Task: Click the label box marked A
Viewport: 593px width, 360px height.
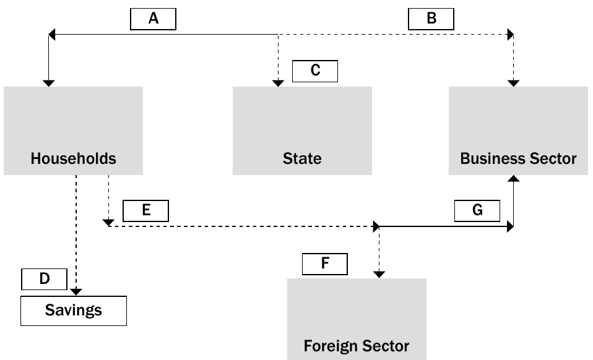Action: pyautogui.click(x=153, y=19)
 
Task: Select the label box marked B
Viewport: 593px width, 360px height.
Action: pyautogui.click(x=431, y=19)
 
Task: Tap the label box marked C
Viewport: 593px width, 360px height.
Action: pyautogui.click(x=315, y=71)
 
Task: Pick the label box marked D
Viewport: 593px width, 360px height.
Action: pyautogui.click(x=44, y=279)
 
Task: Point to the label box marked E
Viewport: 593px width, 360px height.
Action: pyautogui.click(x=145, y=211)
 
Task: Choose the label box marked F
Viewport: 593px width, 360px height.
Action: pyautogui.click(x=325, y=264)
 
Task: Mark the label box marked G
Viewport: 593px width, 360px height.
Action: pyautogui.click(x=477, y=211)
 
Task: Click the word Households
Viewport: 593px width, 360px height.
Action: pyautogui.click(x=74, y=158)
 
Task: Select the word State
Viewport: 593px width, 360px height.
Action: pyautogui.click(x=302, y=158)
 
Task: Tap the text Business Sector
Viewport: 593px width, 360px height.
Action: pyautogui.click(x=518, y=158)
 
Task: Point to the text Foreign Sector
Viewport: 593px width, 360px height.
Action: pyautogui.click(x=357, y=346)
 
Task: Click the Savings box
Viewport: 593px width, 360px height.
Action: pyautogui.click(x=74, y=311)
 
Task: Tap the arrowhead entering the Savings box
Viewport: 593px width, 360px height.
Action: pyautogui.click(x=76, y=292)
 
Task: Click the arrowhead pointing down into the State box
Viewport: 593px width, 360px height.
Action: pyautogui.click(x=278, y=84)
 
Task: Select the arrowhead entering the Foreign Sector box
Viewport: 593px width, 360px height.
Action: pyautogui.click(x=379, y=275)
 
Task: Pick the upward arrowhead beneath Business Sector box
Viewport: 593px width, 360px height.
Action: pyautogui.click(x=513, y=178)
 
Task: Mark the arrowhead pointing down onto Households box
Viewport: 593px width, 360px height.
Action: pyautogui.click(x=49, y=84)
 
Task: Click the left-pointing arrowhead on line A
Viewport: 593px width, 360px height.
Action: pyautogui.click(x=52, y=35)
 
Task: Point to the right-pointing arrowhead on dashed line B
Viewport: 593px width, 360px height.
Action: pyautogui.click(x=511, y=35)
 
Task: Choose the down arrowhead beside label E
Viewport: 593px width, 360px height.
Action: pyautogui.click(x=108, y=223)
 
